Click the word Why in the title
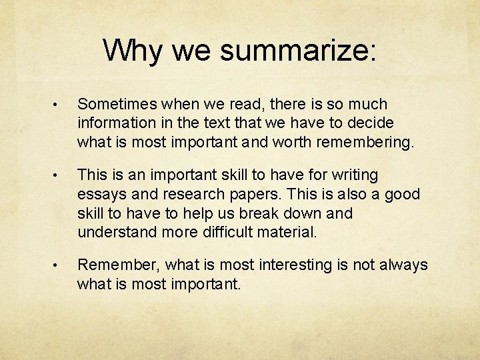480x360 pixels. point(132,50)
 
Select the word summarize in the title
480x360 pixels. point(295,51)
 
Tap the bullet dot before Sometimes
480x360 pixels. point(59,105)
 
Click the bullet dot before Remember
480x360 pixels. point(59,266)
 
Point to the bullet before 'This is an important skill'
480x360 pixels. point(59,176)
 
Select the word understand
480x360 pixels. point(117,233)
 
